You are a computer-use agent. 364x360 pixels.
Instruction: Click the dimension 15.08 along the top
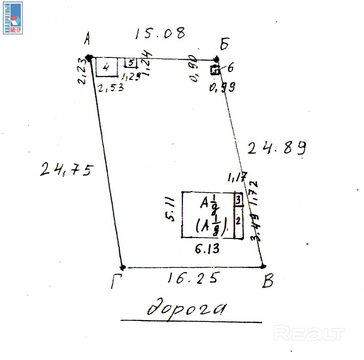pos(160,33)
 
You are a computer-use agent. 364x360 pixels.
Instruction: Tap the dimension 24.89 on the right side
pos(277,148)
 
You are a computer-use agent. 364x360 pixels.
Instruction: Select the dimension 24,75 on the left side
pos(67,169)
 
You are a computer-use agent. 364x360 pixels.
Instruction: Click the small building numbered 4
pos(106,67)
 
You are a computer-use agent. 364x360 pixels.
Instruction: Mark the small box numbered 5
pos(131,63)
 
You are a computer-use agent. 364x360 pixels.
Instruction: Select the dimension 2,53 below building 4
pos(111,87)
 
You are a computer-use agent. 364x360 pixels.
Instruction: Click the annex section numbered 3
pos(238,200)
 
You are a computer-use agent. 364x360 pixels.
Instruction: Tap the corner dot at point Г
pos(123,267)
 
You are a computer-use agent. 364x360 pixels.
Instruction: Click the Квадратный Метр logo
pos(13,18)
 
